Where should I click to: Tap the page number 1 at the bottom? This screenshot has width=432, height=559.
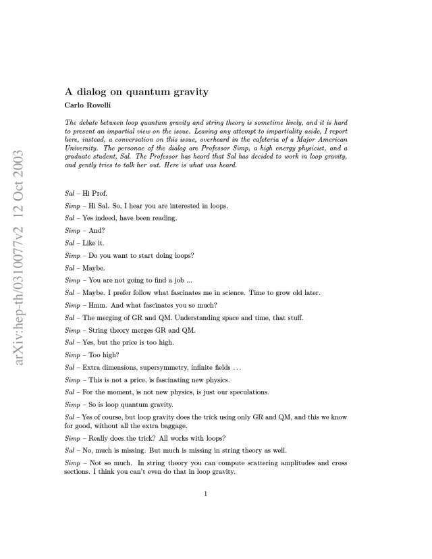coord(206,494)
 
